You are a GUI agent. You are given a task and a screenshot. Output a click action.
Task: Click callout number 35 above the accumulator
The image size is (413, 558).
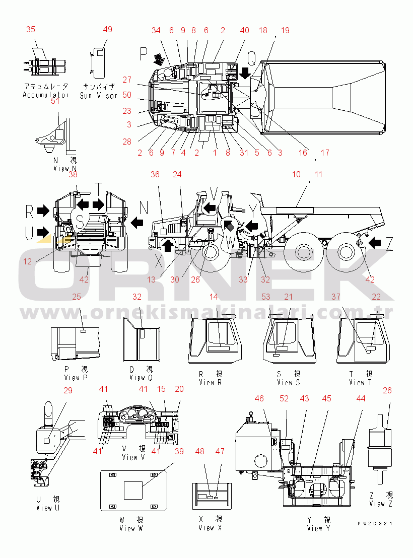[x=31, y=29]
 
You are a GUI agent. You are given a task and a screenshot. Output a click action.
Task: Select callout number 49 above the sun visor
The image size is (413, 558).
[x=108, y=29]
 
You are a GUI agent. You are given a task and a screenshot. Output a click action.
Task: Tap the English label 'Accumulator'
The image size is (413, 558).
[x=45, y=95]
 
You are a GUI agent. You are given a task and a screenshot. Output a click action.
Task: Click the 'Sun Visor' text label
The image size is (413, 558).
[x=99, y=95]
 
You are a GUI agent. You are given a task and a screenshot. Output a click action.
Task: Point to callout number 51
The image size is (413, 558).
[x=55, y=101]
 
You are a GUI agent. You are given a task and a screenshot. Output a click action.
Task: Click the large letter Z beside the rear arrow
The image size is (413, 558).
[x=389, y=245]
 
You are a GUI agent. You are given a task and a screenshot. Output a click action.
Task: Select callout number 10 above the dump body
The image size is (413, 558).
[x=296, y=174]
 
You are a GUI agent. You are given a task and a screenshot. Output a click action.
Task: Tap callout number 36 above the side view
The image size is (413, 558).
[x=155, y=174]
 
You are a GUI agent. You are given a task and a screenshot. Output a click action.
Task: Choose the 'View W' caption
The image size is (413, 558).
[x=131, y=528]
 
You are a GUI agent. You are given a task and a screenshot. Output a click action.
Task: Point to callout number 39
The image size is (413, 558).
[x=179, y=451]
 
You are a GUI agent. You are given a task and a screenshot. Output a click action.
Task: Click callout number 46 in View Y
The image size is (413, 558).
[x=259, y=399]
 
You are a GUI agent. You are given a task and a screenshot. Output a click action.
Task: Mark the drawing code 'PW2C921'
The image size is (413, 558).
[x=375, y=524]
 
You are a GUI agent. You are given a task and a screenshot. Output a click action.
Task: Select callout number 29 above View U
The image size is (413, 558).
[x=68, y=390]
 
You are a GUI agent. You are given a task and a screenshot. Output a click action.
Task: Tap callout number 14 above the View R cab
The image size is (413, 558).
[x=214, y=297]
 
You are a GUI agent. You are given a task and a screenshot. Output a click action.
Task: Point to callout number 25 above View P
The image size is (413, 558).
[x=77, y=297]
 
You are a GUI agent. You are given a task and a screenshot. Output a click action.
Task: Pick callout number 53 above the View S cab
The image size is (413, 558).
[x=265, y=297]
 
